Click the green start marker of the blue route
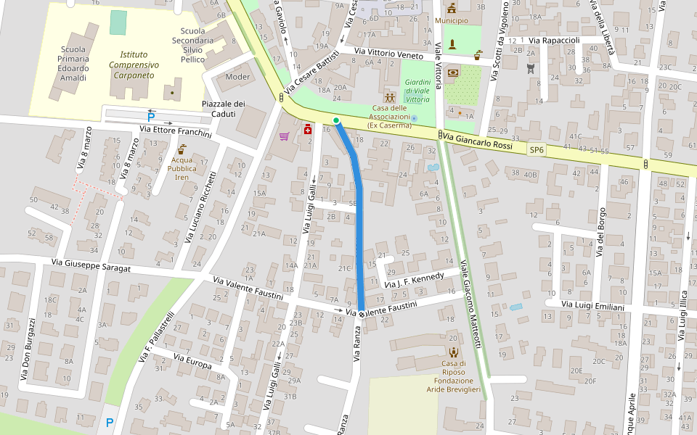click(336, 120)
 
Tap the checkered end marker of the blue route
click(361, 314)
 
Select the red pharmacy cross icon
click(308, 129)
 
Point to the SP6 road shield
click(537, 150)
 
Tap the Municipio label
click(452, 21)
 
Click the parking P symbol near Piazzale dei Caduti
click(151, 117)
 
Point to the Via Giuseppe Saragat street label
click(101, 266)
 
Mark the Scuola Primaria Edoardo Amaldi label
click(73, 64)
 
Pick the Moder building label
click(237, 77)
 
